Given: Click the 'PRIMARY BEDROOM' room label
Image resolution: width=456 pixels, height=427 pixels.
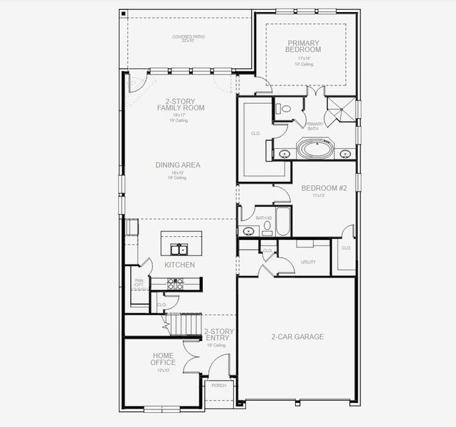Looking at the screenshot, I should click(x=304, y=46).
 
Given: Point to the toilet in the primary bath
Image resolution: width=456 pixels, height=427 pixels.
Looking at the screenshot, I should click(x=284, y=110).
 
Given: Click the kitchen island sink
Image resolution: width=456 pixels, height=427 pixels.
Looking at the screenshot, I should click(x=178, y=248).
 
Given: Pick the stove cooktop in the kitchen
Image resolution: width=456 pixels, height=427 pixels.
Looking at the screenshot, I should click(x=175, y=283).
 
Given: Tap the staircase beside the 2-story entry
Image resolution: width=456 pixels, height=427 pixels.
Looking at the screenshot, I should click(x=184, y=326).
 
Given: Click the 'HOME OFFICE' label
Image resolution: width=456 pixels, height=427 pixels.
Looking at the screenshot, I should click(x=163, y=359).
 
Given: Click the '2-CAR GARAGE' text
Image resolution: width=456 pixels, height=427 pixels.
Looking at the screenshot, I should click(x=297, y=337).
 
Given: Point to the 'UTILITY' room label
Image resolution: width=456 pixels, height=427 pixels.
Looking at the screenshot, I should click(x=308, y=263).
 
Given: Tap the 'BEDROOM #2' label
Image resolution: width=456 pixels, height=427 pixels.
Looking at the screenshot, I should click(x=323, y=188).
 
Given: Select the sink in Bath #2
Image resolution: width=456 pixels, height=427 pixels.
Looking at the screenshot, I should click(x=249, y=231).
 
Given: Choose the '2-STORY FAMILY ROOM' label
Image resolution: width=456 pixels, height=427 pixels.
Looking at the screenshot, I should click(x=181, y=105).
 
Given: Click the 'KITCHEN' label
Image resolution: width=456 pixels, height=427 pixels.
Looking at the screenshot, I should click(x=179, y=265).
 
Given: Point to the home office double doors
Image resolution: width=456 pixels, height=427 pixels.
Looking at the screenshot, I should click(x=190, y=357).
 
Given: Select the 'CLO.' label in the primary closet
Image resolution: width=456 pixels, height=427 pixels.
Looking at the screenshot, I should click(x=255, y=133).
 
